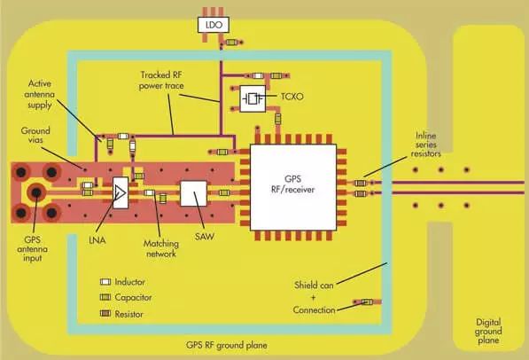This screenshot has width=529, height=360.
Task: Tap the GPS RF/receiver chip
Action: (x=295, y=184)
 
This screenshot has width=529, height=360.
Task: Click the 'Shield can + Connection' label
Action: (x=313, y=297)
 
